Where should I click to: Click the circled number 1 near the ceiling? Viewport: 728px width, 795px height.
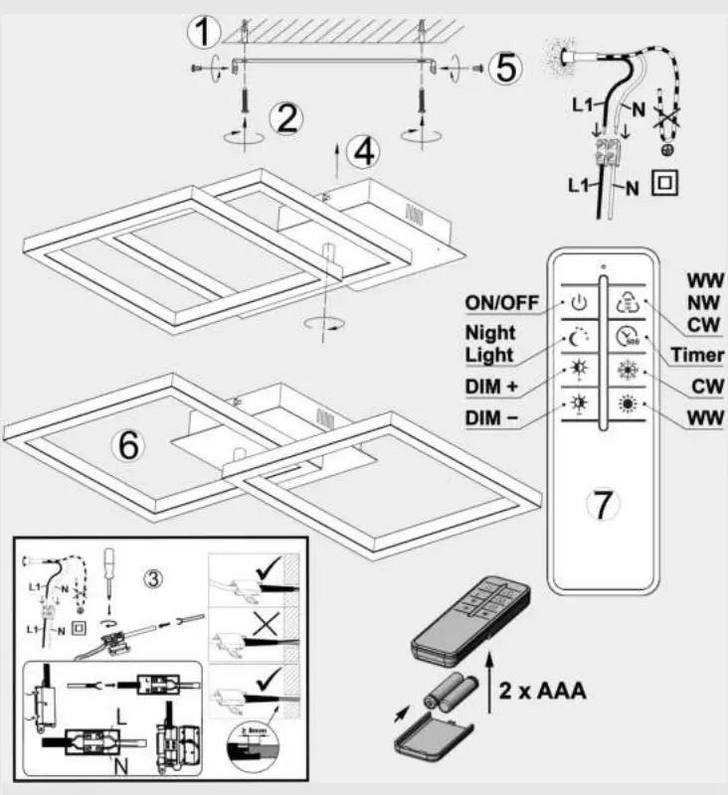(x=204, y=34)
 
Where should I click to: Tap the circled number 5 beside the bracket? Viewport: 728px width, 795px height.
(x=505, y=68)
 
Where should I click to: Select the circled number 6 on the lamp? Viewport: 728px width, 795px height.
(x=128, y=445)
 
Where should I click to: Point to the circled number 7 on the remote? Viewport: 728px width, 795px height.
(x=604, y=503)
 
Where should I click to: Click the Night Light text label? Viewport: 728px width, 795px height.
(x=489, y=345)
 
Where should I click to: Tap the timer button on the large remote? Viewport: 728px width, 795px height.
(x=627, y=336)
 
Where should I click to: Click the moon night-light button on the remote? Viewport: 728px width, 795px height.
(x=579, y=337)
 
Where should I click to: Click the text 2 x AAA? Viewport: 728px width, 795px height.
(x=542, y=690)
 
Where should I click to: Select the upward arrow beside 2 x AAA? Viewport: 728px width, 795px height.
(x=490, y=676)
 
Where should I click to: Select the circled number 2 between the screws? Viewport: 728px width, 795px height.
(x=286, y=119)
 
